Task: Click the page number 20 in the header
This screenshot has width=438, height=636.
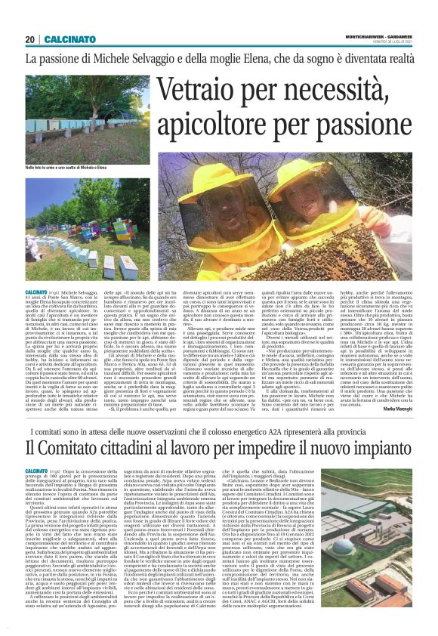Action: [x=29, y=39]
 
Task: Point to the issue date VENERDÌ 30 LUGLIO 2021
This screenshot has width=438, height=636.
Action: [x=390, y=42]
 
